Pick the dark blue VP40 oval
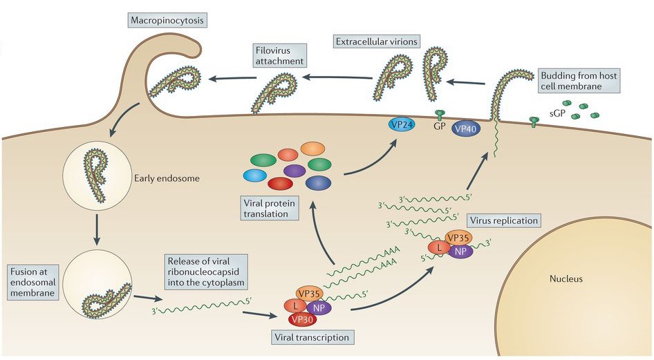467,128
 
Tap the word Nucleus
566,279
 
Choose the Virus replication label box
503,221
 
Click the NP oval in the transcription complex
319,307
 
